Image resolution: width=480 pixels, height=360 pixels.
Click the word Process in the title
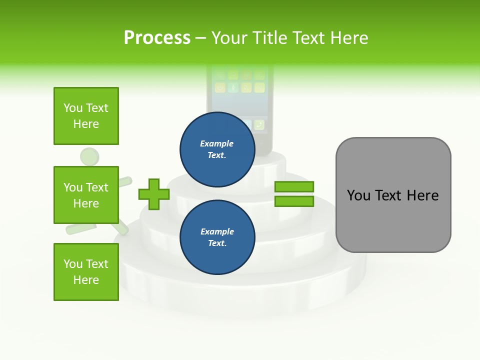[x=157, y=38]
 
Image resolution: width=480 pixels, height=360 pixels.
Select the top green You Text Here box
[x=86, y=116]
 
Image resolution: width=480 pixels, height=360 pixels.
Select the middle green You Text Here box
[x=86, y=195]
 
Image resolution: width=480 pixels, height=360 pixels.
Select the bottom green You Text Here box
[x=86, y=272]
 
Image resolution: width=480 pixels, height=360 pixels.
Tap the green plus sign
[x=154, y=194]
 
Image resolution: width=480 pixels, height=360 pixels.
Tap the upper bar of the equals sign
[x=294, y=186]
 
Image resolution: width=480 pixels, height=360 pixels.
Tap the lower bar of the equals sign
[x=294, y=201]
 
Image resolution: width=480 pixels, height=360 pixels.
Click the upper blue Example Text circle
[x=217, y=149]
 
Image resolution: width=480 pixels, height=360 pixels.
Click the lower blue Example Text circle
[x=217, y=237]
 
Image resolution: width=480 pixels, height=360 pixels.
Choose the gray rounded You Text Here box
[x=393, y=195]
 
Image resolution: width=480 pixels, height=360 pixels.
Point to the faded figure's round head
[x=90, y=157]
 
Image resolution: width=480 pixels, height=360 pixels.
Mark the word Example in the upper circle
[x=217, y=143]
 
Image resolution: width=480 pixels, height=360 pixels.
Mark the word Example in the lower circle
[x=217, y=231]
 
